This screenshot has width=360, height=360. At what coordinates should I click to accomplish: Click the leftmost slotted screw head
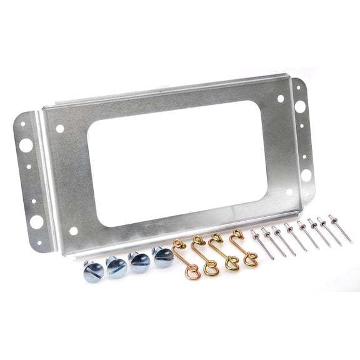93,271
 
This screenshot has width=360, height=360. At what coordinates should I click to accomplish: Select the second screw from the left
116,266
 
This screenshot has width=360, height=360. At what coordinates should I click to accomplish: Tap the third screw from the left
139,261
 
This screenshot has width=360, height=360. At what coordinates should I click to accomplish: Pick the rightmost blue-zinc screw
162,256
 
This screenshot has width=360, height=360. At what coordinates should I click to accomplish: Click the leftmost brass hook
187,259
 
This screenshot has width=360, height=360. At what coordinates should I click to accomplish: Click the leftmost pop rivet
262,244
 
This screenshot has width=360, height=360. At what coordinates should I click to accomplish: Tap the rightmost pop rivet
341,229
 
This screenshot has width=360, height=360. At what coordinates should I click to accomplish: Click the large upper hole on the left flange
26,145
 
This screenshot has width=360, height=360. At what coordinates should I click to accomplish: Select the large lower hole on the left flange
36,222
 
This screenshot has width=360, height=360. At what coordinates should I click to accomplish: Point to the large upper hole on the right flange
300,107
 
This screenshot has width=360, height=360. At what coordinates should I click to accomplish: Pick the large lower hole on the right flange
306,175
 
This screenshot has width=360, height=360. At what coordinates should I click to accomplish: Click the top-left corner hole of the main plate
60,129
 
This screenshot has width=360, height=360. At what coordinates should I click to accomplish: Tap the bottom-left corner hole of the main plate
74,231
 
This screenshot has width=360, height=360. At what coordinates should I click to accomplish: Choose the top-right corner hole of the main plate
281,99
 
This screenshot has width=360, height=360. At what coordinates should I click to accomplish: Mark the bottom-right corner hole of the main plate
289,192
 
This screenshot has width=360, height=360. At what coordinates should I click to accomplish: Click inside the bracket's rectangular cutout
178,162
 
